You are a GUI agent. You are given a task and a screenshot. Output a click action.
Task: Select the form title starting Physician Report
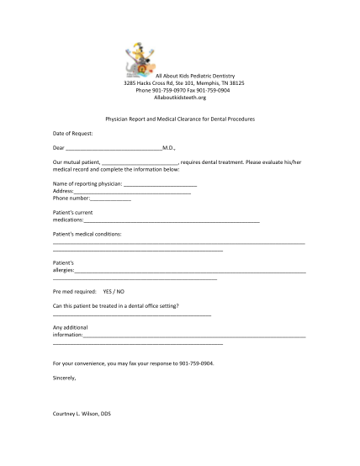tap(179, 119)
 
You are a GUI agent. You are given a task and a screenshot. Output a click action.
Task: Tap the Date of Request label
tap(73, 133)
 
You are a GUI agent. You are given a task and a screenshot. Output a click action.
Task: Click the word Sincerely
tap(64, 378)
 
